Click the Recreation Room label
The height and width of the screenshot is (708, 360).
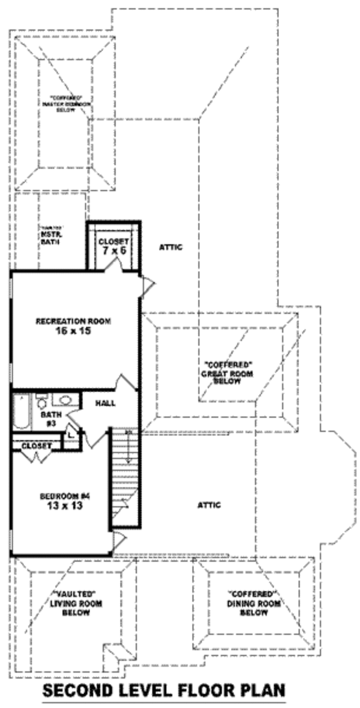tap(73, 321)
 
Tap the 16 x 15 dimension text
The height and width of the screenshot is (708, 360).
tap(73, 331)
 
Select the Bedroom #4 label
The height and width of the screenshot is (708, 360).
tap(64, 496)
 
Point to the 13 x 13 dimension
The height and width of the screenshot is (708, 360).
tap(64, 506)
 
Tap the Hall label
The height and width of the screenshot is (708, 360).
tap(105, 403)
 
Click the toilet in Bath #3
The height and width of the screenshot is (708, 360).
tap(41, 400)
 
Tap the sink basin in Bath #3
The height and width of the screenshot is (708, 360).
tap(63, 400)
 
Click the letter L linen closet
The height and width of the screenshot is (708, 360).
tap(70, 434)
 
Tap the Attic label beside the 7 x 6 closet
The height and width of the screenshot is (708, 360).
tap(170, 247)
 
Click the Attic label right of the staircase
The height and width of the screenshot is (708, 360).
tap(209, 505)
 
